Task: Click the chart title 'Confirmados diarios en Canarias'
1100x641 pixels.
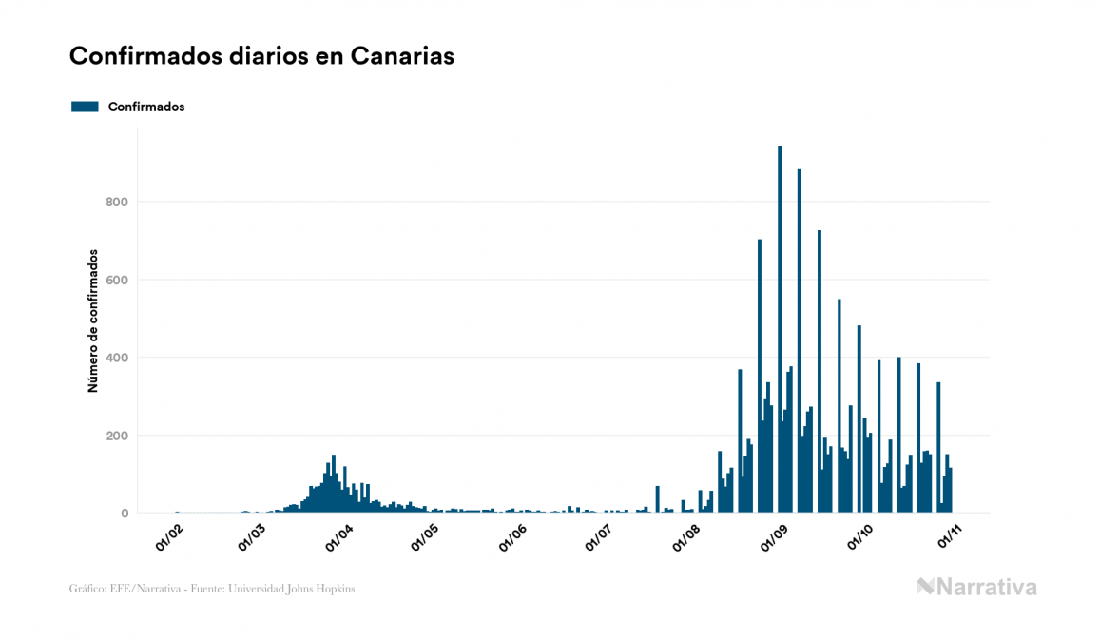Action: (x=261, y=56)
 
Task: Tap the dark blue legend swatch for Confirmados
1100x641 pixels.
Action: (x=85, y=107)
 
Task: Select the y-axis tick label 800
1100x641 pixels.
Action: (x=116, y=202)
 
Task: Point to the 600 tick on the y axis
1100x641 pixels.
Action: (x=116, y=280)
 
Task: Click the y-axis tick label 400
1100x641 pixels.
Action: (x=116, y=358)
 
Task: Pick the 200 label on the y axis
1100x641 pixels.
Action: (x=116, y=436)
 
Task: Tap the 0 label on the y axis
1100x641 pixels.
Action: (x=124, y=514)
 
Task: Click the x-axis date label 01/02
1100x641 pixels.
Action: (x=170, y=538)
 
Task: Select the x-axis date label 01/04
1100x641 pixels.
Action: (x=340, y=538)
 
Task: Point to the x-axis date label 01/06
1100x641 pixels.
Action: (x=512, y=538)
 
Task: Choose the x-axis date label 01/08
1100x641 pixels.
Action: (x=686, y=538)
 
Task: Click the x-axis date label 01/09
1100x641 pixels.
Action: (x=774, y=538)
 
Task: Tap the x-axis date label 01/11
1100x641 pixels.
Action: (x=952, y=538)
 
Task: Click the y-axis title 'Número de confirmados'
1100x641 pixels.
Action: (x=93, y=320)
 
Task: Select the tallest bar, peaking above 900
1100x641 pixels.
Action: (x=780, y=333)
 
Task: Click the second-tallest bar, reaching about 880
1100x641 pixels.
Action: (x=800, y=342)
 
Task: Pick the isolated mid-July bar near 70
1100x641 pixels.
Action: (x=657, y=500)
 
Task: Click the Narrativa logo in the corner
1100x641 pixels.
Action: (x=976, y=587)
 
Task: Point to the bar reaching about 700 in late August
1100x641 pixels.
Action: (x=760, y=380)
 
